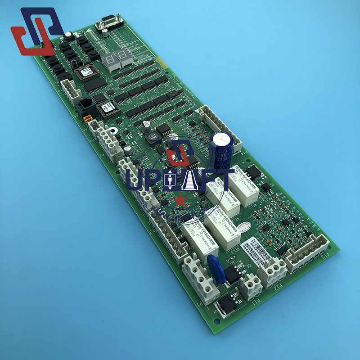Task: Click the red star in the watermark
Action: (180, 199)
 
